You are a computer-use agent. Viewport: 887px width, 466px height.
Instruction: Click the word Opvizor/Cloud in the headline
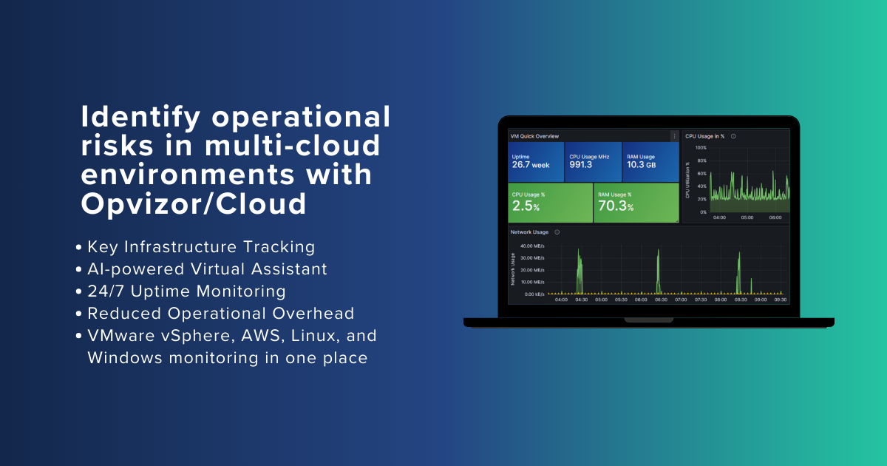coord(193,203)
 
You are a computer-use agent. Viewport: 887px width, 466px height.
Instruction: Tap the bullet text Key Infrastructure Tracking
coord(201,247)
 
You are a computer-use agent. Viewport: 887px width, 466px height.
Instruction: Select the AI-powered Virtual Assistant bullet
coord(207,269)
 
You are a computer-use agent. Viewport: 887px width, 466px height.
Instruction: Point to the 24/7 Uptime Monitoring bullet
coord(186,291)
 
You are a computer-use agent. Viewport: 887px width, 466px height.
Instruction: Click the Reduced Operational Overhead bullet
coord(220,313)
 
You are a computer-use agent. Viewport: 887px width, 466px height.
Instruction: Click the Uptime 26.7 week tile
coord(537,161)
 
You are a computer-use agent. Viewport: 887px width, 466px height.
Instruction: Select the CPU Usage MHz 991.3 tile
coord(594,161)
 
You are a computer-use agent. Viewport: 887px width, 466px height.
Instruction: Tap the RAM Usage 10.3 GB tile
coord(650,161)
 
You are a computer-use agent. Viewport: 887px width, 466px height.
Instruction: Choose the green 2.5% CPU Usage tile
coord(551,203)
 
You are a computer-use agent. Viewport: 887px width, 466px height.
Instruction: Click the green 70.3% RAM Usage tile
coord(636,203)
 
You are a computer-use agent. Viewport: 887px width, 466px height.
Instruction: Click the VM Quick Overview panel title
coord(535,136)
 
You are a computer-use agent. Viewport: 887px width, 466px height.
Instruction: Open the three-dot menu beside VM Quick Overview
coord(674,136)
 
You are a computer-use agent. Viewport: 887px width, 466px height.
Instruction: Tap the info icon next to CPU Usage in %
coord(733,136)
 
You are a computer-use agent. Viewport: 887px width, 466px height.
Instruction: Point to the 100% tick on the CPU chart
coord(701,148)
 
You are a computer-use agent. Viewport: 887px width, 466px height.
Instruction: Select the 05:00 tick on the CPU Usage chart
coord(747,217)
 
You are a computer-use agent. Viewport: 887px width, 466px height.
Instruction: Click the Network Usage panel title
coord(529,232)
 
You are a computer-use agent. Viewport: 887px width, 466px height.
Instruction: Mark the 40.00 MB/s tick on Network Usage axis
coord(532,246)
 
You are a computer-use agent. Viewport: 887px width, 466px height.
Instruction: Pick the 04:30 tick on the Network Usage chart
coord(581,300)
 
